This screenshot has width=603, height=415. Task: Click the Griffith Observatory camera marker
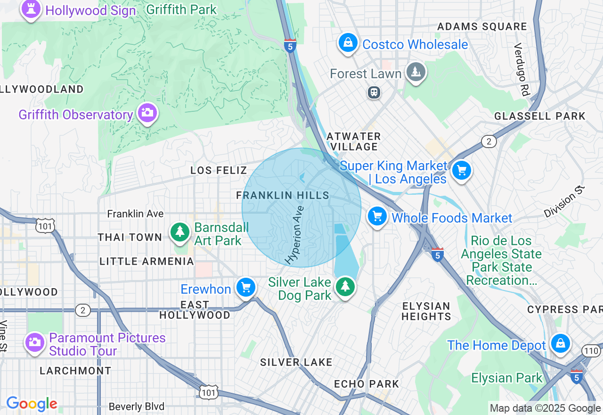click(147, 113)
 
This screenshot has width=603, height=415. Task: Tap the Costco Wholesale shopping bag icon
click(348, 43)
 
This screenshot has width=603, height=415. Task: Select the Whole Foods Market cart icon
click(377, 216)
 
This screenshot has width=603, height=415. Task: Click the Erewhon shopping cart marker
click(246, 287)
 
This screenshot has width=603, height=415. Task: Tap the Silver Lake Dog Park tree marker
click(345, 286)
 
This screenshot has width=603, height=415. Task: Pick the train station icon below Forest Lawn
click(375, 92)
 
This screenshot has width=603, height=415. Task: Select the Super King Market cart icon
click(461, 170)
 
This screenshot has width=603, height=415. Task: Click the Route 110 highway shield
click(592, 350)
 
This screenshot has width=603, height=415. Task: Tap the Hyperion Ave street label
click(295, 234)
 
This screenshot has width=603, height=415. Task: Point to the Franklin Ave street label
click(135, 214)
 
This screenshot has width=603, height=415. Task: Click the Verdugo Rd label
click(522, 70)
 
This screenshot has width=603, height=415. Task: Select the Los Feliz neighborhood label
click(219, 170)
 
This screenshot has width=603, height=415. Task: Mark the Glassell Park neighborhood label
click(540, 116)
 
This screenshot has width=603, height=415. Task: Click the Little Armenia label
click(147, 261)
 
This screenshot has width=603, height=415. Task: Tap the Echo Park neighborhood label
click(367, 384)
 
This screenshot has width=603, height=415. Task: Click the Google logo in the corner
click(32, 404)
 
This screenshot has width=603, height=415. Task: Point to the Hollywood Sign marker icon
click(31, 10)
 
